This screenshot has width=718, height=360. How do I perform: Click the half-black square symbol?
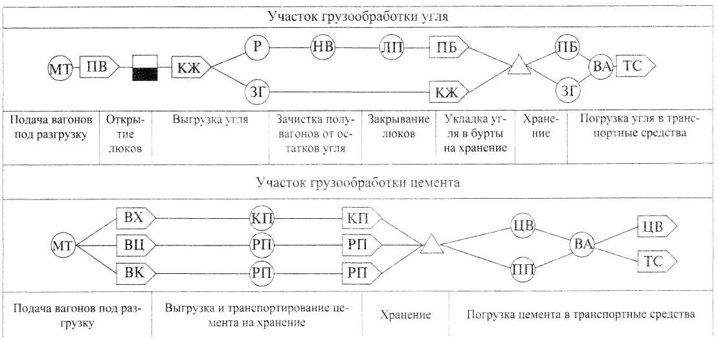[144, 67]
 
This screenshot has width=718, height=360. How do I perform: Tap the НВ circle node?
[321, 47]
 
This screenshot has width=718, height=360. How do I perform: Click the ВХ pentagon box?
[135, 216]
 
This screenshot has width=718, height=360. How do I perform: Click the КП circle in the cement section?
[262, 216]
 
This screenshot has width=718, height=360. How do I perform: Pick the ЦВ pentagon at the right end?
[656, 227]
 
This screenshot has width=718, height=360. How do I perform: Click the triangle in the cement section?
[432, 246]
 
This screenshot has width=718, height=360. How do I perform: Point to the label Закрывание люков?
[398, 126]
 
